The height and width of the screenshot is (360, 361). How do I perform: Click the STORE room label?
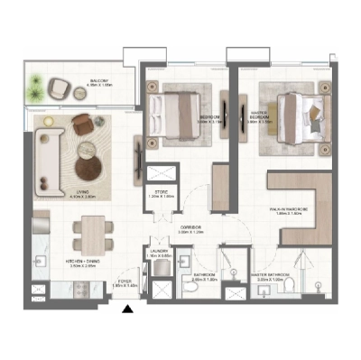pos(159,193)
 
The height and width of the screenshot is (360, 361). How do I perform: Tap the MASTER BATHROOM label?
pos(271,277)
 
